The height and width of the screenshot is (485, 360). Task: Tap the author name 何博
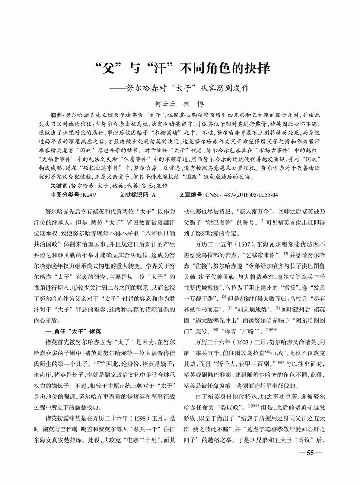194,104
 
